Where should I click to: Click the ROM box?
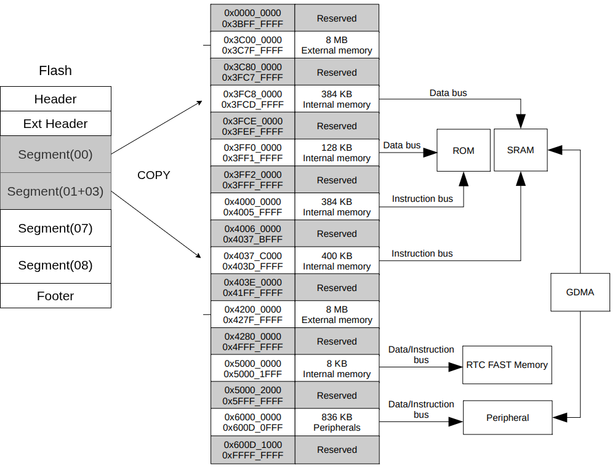(464, 150)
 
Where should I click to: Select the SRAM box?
(520, 150)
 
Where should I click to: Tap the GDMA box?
(580, 292)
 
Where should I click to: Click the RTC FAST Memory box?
(507, 365)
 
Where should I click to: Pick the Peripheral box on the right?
(507, 418)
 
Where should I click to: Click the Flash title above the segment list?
(55, 71)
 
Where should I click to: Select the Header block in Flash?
(55, 99)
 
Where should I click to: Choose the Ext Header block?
(55, 124)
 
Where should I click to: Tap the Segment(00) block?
(55, 154)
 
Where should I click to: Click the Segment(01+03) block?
(55, 191)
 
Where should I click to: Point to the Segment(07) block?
(55, 228)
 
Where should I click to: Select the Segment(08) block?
(55, 265)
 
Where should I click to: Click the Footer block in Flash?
(55, 296)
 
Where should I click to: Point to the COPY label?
(153, 175)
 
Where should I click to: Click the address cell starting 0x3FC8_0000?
(252, 99)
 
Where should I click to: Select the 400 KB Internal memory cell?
(337, 261)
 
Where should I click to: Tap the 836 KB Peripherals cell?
(337, 422)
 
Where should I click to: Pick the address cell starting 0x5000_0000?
(252, 369)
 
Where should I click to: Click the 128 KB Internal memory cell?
(337, 153)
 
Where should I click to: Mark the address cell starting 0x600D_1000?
(252, 450)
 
